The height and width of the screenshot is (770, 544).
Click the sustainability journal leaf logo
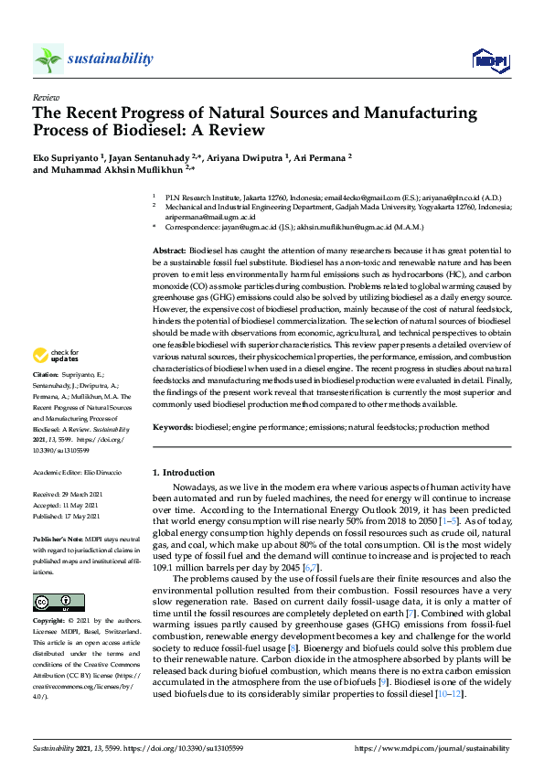tap(48, 59)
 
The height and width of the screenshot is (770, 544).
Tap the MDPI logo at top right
tap(488, 60)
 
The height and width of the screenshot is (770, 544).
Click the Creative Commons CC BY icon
tap(59, 603)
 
